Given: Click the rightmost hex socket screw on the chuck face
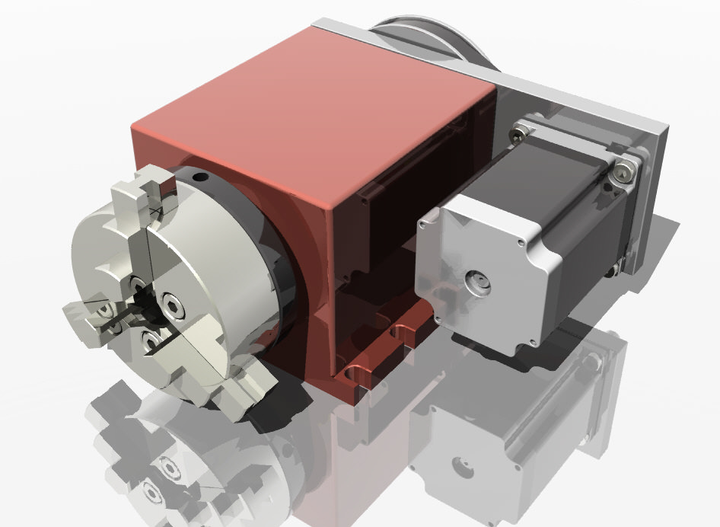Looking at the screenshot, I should tap(175, 309).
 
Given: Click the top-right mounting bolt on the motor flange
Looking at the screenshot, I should tap(624, 172).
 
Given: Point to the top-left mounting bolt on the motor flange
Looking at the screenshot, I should tap(519, 134).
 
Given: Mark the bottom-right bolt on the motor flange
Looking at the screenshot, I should tap(613, 267).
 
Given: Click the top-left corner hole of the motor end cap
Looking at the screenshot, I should tap(423, 223).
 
